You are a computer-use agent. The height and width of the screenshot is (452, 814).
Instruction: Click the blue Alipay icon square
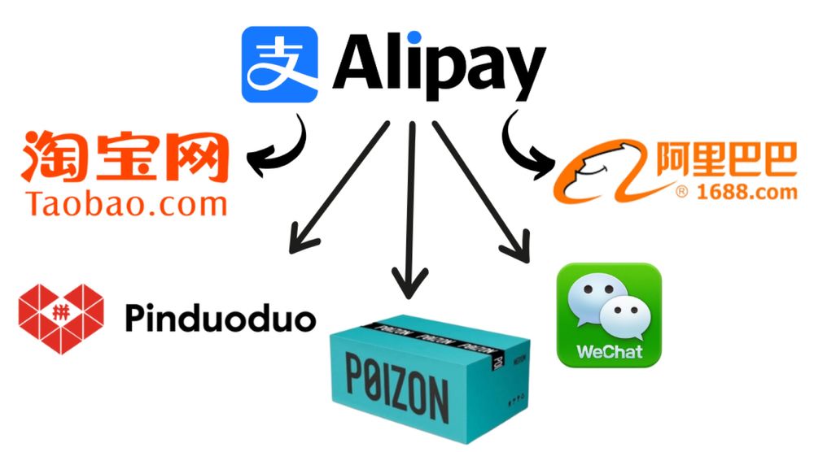pyautogui.click(x=279, y=64)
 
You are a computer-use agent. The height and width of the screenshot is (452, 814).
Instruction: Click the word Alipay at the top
pyautogui.click(x=440, y=66)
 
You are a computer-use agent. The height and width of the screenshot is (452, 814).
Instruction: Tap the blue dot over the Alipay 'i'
pyautogui.click(x=414, y=38)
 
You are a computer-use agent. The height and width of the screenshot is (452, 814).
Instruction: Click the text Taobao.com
pyautogui.click(x=126, y=204)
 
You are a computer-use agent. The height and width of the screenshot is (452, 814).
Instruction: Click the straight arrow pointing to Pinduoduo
pyautogui.click(x=339, y=188)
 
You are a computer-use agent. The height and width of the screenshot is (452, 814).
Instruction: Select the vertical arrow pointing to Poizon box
pyautogui.click(x=410, y=210)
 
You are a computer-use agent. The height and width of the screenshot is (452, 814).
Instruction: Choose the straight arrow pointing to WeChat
pyautogui.click(x=481, y=192)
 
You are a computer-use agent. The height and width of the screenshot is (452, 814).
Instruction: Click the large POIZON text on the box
pyautogui.click(x=397, y=387)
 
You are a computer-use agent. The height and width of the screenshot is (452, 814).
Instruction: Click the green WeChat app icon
pyautogui.click(x=609, y=315)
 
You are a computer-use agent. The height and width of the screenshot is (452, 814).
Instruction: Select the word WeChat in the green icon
pyautogui.click(x=610, y=352)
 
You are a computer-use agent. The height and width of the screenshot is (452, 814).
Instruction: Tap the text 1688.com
pyautogui.click(x=746, y=193)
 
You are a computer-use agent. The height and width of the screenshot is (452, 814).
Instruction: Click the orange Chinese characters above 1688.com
pyautogui.click(x=726, y=159)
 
